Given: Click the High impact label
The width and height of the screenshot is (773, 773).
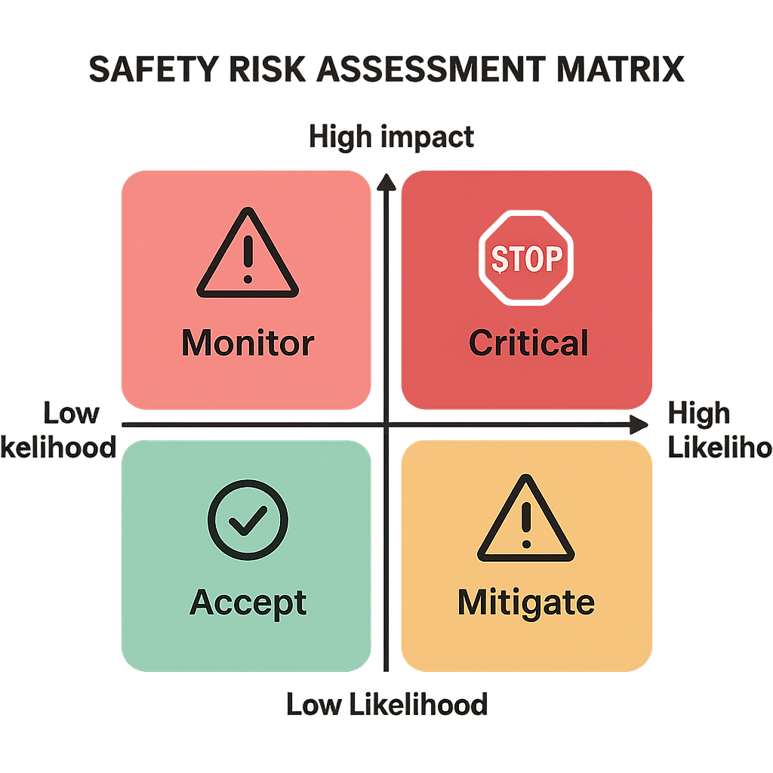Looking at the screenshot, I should pyautogui.click(x=392, y=137).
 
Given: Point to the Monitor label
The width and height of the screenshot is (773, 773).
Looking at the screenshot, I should pyautogui.click(x=248, y=343).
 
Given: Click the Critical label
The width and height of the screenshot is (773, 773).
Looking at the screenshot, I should pyautogui.click(x=528, y=343).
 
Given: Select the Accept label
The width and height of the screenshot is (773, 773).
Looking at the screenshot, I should pyautogui.click(x=248, y=602).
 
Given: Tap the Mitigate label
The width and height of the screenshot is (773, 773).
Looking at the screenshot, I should pyautogui.click(x=526, y=603).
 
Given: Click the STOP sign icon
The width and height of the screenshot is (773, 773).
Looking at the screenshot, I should pyautogui.click(x=527, y=259).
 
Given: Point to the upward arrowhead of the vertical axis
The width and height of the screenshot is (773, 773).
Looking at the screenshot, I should pyautogui.click(x=386, y=182).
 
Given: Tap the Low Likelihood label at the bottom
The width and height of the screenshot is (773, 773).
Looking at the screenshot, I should pyautogui.click(x=386, y=704).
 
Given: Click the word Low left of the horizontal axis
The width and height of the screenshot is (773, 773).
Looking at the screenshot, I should pyautogui.click(x=72, y=414).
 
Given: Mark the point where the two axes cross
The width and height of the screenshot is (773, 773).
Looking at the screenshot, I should pyautogui.click(x=386, y=426).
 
